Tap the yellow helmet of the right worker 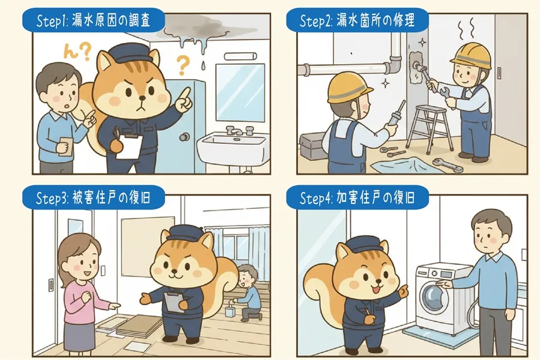(471, 56)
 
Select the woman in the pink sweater (79, 288)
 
